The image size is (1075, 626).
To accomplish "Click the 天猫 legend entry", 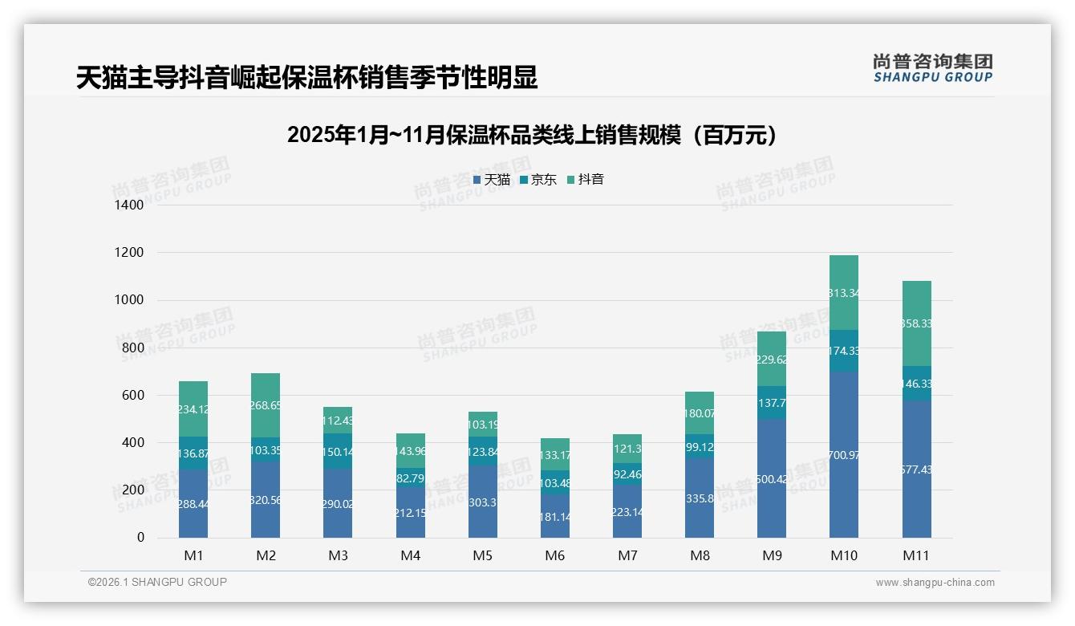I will coord(492,180).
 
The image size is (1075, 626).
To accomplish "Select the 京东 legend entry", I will coord(538,180).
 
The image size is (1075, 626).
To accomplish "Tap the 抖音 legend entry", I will coord(586,180).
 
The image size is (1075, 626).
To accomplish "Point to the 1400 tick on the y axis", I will coord(129,205).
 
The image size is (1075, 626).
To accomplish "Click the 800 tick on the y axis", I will coord(133,348).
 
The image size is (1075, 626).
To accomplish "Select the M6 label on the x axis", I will coord(555,555).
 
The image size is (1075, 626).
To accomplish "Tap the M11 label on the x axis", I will coord(916,555).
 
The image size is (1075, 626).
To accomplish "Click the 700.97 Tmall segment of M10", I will coord(844,454).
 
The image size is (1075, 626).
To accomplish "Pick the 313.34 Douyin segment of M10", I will coord(844,293).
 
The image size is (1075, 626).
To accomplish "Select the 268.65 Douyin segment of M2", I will coord(266,405).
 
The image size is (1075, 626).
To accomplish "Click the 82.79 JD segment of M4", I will coord(410,478).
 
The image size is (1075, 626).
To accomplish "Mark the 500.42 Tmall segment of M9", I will coord(772,478).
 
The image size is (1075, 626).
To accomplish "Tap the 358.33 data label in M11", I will coord(916,323).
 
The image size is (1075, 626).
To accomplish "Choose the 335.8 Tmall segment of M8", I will coord(700,498).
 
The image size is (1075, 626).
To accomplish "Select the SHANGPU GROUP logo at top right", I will coord(932,67).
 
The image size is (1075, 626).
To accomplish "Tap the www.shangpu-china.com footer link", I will coord(935,583).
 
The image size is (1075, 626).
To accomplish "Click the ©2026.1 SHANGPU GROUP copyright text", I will coord(157,582).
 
